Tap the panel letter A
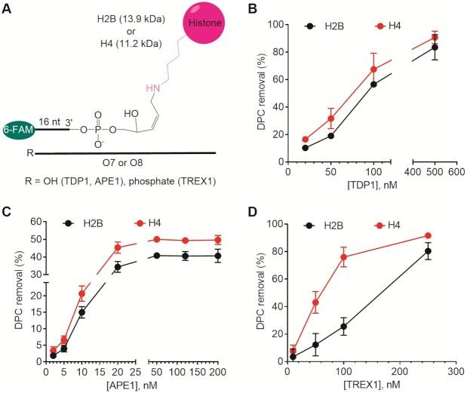pyautogui.click(x=7, y=8)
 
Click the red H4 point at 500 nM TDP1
pyautogui.click(x=435, y=37)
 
